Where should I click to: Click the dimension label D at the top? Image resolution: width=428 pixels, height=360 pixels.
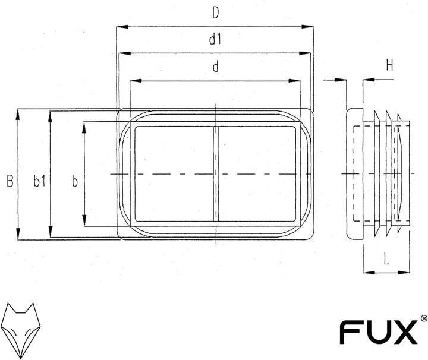(x=216, y=13)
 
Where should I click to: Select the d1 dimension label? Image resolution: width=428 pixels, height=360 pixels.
(x=215, y=40)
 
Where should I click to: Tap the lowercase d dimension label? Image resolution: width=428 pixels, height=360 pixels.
(x=216, y=67)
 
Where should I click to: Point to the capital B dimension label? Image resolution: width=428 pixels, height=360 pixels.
(x=10, y=181)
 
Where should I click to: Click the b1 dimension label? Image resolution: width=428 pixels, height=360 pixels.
(x=39, y=181)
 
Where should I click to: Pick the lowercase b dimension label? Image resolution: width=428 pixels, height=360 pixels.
(x=74, y=181)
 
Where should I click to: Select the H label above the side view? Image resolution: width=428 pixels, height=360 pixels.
(x=389, y=66)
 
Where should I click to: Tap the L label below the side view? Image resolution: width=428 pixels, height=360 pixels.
(x=386, y=259)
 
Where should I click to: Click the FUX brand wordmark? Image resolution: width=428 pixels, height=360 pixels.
(x=379, y=332)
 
